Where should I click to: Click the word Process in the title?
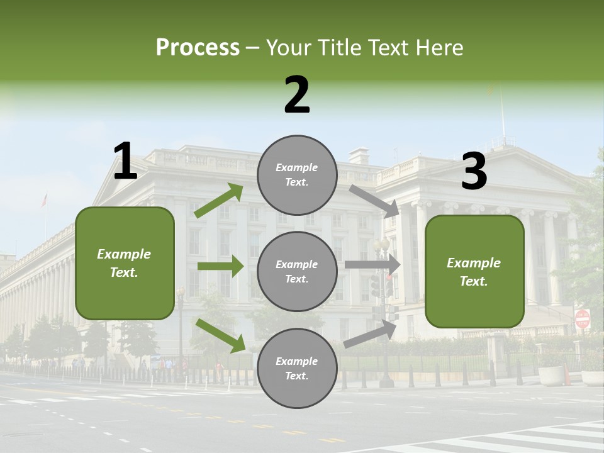point(198,48)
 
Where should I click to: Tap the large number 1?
point(125,162)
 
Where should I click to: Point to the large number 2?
point(297,95)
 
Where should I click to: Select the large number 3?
point(474,171)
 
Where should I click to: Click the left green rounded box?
point(125,263)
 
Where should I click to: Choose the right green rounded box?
point(474,272)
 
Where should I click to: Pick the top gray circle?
point(297,175)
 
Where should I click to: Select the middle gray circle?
point(297,271)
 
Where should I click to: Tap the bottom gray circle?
point(297,368)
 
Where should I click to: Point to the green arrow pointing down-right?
point(221,335)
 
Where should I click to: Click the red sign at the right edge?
point(582,319)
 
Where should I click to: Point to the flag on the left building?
point(44,200)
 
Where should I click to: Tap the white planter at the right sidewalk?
point(552,376)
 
